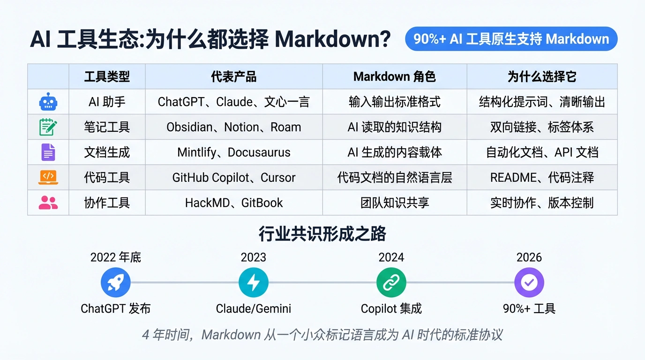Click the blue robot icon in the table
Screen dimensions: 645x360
point(48,102)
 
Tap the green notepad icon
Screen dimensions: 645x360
point(48,127)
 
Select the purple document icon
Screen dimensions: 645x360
point(48,152)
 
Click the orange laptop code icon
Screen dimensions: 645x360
point(48,177)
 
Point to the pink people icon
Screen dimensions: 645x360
point(48,202)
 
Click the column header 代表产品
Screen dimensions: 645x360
point(233,76)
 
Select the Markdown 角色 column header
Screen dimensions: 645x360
point(395,76)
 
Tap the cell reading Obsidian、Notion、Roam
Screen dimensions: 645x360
point(233,127)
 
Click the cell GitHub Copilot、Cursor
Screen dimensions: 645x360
point(233,177)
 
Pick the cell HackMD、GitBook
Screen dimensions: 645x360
point(233,203)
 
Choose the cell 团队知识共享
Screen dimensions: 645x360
point(395,203)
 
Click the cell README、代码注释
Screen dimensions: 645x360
point(542,177)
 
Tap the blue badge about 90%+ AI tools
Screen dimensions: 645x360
point(511,39)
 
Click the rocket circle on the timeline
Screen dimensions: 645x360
point(115,282)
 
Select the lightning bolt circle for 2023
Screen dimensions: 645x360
point(254,282)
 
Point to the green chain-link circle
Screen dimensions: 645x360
point(391,282)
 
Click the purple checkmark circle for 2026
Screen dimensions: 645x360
point(529,282)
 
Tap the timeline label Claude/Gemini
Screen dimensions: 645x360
point(254,308)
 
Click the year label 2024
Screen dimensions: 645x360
point(391,257)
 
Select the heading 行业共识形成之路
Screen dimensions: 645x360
point(322,233)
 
